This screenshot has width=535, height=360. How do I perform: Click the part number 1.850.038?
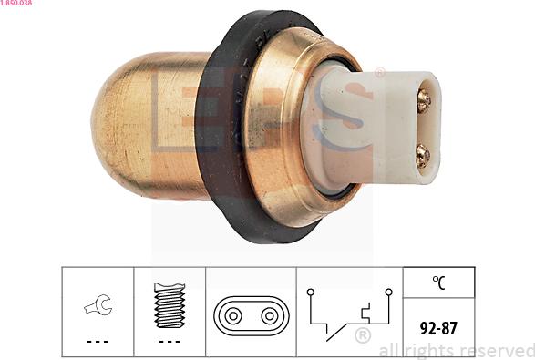(x=16, y=3)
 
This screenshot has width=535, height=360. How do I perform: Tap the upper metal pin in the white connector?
(x=424, y=101)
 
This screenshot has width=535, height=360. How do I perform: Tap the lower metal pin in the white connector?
(x=423, y=156)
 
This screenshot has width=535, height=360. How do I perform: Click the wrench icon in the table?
(x=98, y=304)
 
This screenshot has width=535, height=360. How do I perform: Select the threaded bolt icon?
(x=170, y=305)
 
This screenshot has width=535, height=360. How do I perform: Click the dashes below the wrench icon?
(x=98, y=341)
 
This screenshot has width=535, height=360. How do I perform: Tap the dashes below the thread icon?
(x=170, y=341)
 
